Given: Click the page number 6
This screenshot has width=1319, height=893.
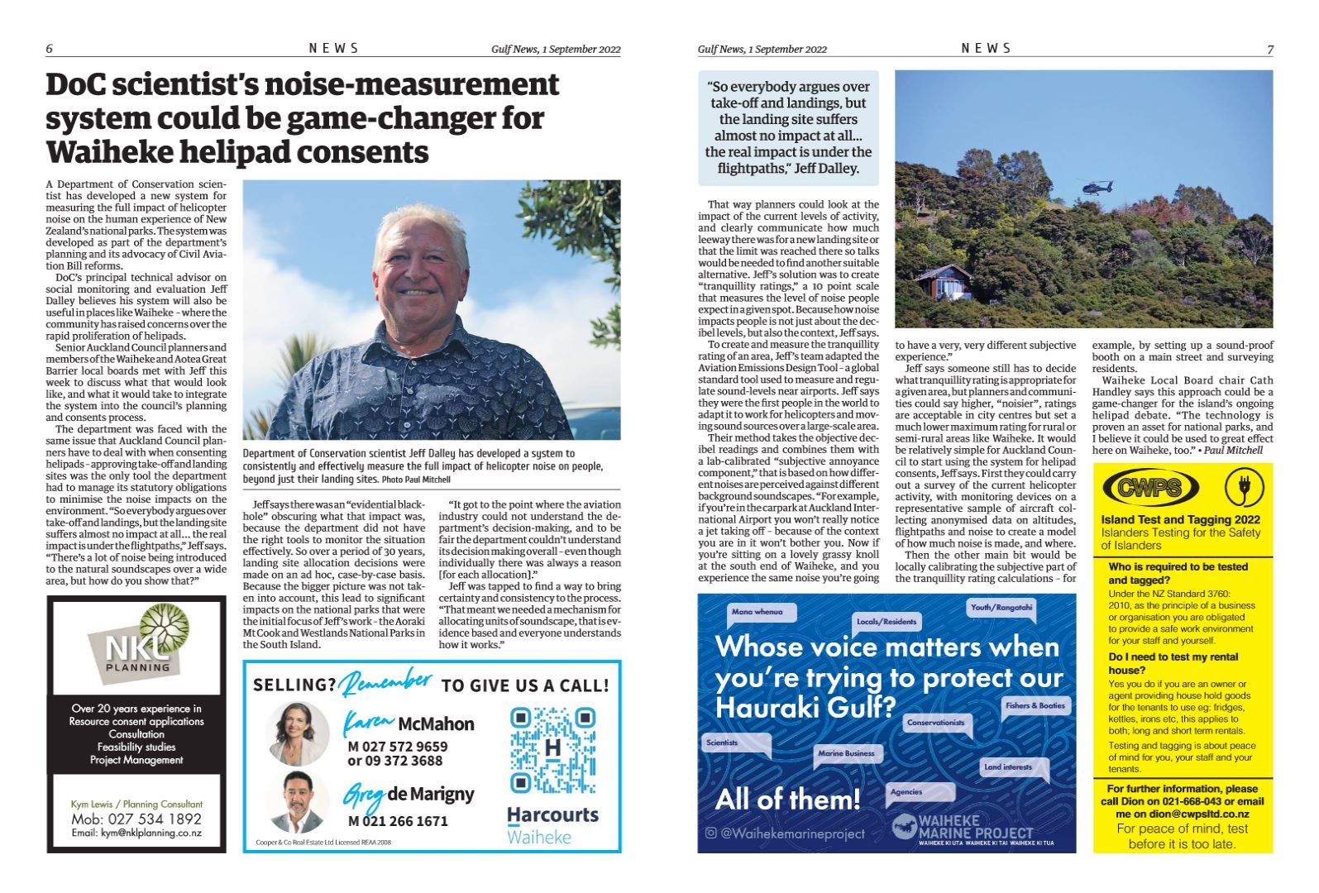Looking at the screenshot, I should pos(50,49).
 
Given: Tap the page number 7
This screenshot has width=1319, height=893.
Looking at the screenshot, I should pos(1269,50).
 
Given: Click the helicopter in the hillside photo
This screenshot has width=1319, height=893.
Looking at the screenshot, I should pos(1097,188).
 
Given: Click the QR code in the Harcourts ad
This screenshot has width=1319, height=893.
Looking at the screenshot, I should pos(552,750).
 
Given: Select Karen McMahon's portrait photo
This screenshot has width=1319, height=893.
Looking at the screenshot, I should pos(299,733).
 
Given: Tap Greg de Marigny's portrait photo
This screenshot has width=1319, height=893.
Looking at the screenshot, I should pos(299,802).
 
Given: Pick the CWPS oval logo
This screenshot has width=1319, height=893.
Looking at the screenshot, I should pos(1150,488).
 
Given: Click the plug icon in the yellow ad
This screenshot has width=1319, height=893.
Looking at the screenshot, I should pos(1239,488).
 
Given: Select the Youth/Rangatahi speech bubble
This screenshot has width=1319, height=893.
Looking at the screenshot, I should pos(1001,608).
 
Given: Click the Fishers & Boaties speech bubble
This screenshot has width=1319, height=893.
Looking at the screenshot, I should pos(1035,706).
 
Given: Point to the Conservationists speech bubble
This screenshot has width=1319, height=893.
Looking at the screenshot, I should pos(936,723).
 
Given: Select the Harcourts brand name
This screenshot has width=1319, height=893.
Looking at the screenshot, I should pos(552,814).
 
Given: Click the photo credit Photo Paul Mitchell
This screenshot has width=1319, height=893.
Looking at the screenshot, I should pos(416,480).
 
